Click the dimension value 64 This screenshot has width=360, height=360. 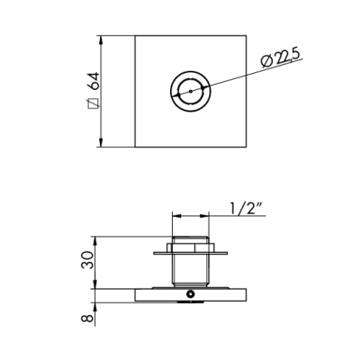tap(94, 81)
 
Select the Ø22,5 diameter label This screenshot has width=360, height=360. tap(280, 58)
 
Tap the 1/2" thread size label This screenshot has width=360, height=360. tap(245, 209)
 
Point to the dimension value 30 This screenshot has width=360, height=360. tap(87, 260)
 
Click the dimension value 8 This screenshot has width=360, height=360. tap(87, 318)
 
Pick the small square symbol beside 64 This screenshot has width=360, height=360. tap(92, 103)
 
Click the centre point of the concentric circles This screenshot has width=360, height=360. tap(191, 91)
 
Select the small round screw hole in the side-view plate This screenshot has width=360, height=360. tap(190, 294)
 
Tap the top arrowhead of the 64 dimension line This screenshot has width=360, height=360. tap(101, 40)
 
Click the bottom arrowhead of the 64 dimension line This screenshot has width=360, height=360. tap(101, 142)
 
